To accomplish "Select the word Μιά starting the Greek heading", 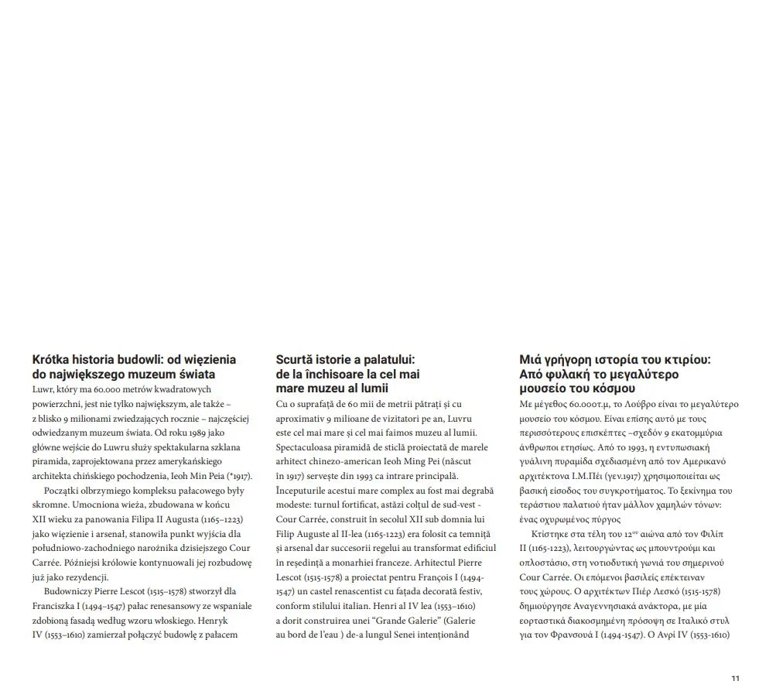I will pos(532,360).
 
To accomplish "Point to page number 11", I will pos(735,679).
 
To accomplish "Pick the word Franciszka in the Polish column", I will pos(60,606).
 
